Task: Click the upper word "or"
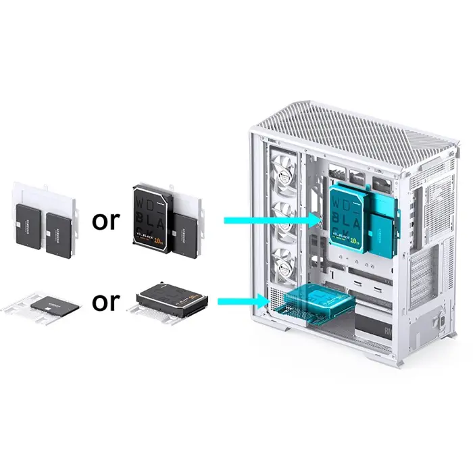105,220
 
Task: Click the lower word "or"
105,301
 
